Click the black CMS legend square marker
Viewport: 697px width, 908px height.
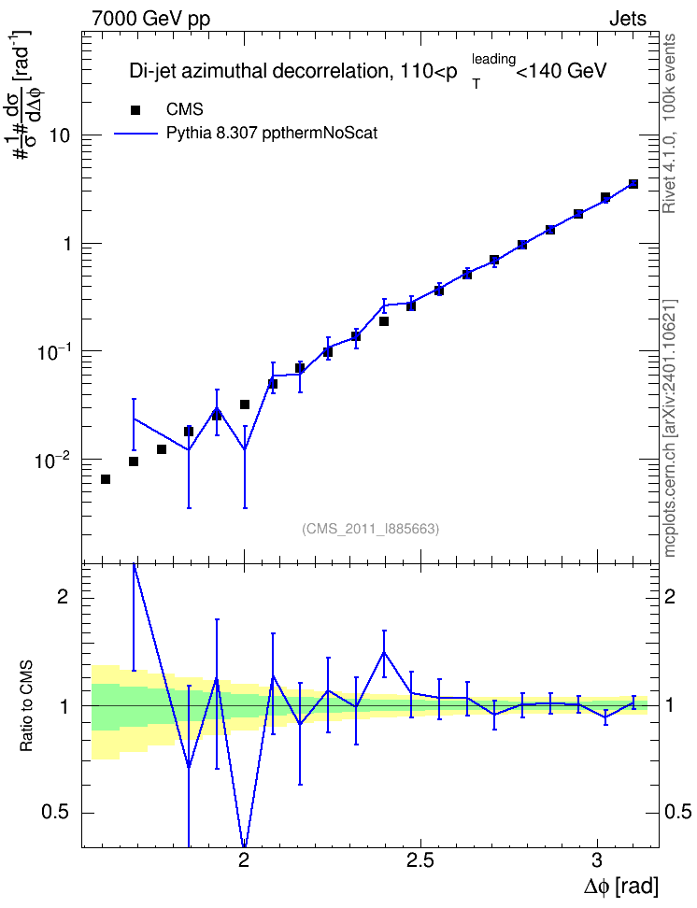tap(135, 110)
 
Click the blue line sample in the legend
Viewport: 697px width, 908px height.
tap(135, 134)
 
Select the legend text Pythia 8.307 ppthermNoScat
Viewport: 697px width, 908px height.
tap(272, 134)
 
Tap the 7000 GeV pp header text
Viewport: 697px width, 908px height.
tap(150, 19)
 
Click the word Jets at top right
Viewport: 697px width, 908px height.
tap(628, 19)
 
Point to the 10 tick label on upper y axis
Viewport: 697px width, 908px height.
tap(59, 136)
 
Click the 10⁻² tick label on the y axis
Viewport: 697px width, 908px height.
tap(52, 461)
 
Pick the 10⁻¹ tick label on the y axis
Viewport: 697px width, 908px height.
tap(52, 352)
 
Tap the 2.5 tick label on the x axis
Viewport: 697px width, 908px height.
tap(420, 860)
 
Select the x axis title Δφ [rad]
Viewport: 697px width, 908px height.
tap(620, 886)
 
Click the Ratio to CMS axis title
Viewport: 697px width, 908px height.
tap(26, 706)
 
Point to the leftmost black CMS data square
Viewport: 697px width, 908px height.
tap(106, 479)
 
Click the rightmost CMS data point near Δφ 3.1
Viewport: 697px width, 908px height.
tap(633, 184)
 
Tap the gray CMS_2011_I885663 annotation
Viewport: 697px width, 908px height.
tap(370, 529)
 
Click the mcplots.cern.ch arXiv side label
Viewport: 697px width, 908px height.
tap(670, 429)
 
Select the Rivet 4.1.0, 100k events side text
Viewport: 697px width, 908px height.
tap(669, 123)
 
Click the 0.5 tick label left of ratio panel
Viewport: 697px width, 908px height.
tap(55, 813)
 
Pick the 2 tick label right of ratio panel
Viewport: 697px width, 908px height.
tap(669, 596)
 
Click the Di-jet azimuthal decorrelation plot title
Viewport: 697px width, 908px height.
tap(367, 71)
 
